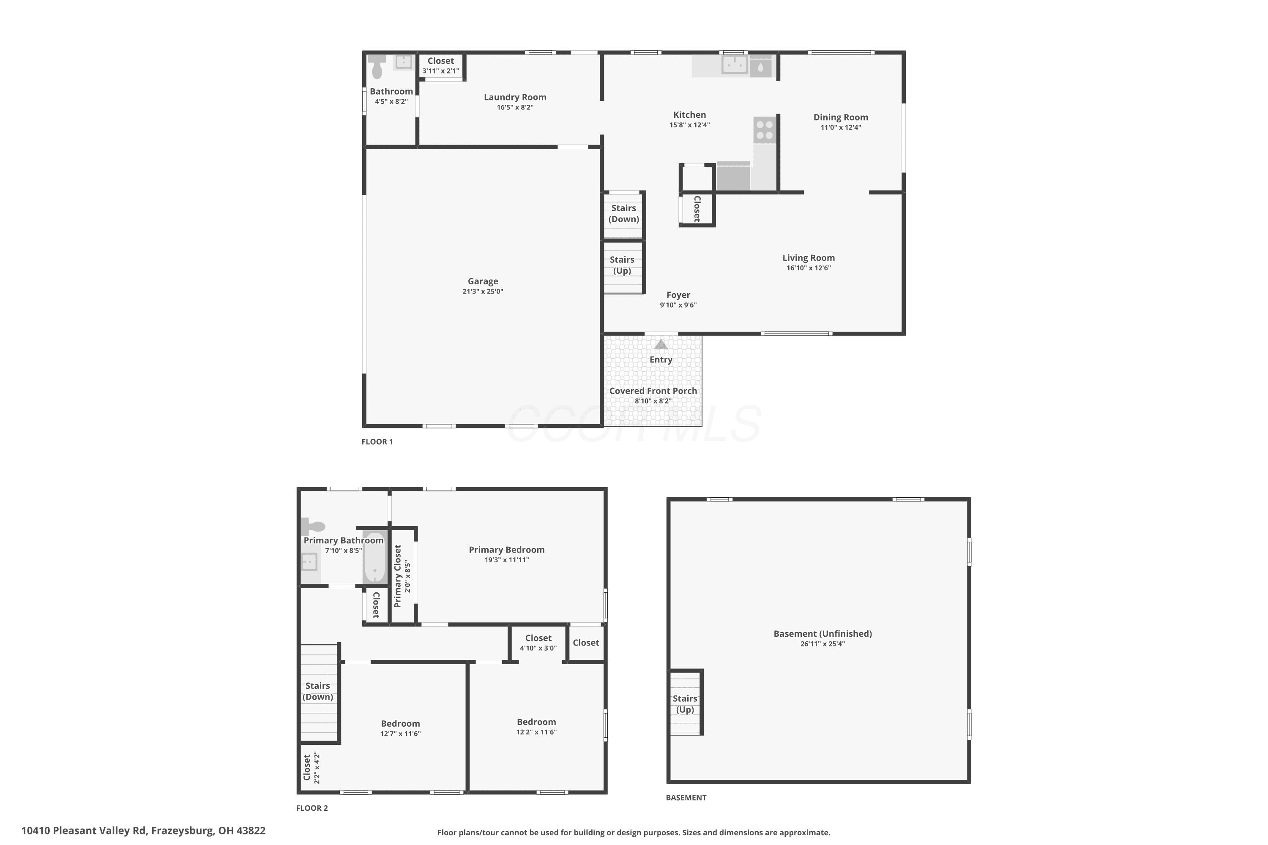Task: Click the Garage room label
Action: [483, 281]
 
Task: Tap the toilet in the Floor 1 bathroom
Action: [377, 66]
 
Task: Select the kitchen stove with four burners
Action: [765, 130]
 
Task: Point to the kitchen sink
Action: [734, 64]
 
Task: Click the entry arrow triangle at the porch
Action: [661, 344]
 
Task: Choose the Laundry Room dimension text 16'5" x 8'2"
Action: [515, 107]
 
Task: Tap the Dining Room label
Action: [841, 117]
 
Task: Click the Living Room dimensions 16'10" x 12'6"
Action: [808, 268]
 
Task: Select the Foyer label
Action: [678, 295]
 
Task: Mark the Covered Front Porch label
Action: [653, 391]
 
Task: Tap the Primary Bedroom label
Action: [506, 550]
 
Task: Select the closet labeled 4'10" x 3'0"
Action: [538, 642]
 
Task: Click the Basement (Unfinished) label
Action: [823, 634]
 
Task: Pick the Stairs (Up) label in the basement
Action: [685, 704]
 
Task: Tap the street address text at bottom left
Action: [143, 831]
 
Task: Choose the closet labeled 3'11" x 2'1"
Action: [440, 66]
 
